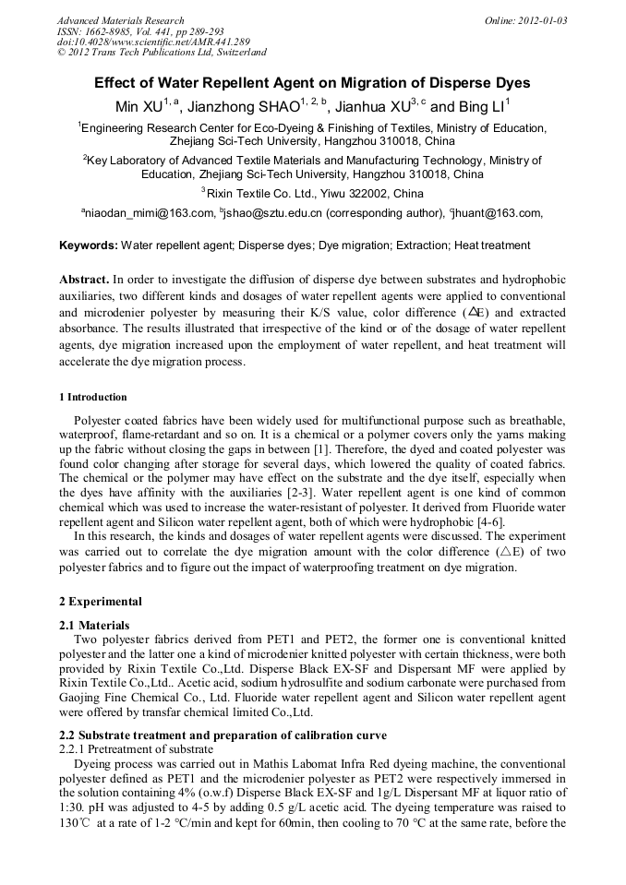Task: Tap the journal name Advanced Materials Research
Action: (120, 20)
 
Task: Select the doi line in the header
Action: (152, 42)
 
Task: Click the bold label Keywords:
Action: (89, 245)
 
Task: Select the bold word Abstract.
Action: (84, 279)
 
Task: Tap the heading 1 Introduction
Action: (93, 397)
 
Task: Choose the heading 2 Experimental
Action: (101, 602)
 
